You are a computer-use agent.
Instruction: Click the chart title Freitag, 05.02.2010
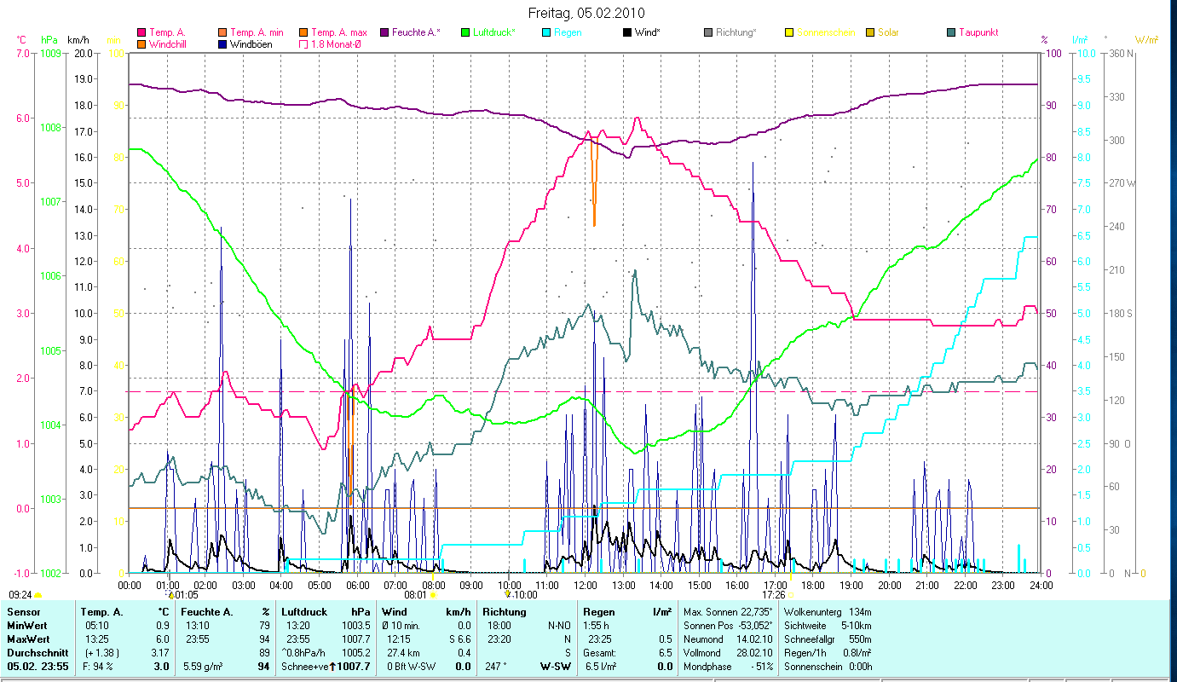tap(587, 13)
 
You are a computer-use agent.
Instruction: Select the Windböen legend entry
tap(251, 43)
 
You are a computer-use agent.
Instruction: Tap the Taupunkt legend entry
tap(978, 32)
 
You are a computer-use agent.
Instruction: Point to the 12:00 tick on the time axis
tap(586, 585)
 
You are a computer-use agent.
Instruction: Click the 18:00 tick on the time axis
tap(813, 585)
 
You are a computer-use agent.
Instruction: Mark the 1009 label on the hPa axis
tap(50, 54)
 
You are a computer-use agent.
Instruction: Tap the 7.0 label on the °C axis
tap(20, 54)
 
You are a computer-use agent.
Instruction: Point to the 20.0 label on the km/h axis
tap(84, 54)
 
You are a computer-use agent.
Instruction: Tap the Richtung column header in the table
tap(504, 612)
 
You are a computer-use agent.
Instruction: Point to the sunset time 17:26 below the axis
tap(773, 595)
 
